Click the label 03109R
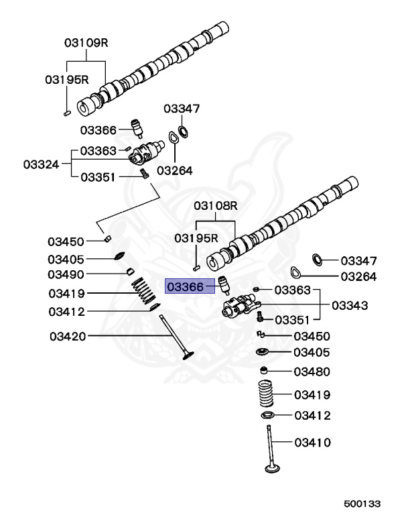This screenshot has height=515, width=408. [86, 43]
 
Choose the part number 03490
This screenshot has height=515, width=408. [66, 274]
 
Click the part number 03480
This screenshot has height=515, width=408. [312, 371]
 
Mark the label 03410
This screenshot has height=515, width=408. [312, 443]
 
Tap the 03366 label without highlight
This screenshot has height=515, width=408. [98, 129]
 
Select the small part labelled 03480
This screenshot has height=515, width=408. [265, 371]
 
